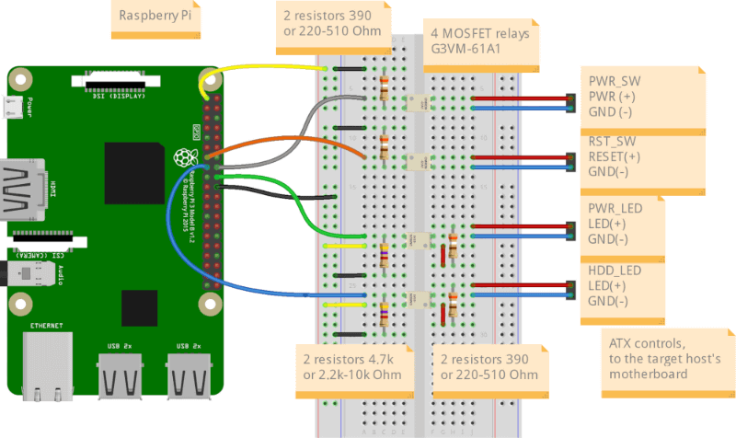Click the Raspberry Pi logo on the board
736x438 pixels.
tap(180, 158)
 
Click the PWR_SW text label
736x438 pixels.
tap(615, 81)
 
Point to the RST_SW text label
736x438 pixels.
tap(614, 142)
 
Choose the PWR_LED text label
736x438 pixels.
tap(615, 210)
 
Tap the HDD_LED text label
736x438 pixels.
tap(615, 271)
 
